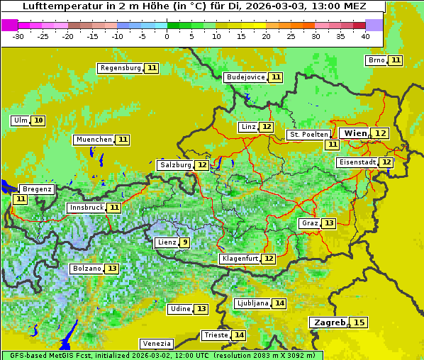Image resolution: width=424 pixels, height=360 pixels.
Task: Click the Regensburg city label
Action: tap(121, 68)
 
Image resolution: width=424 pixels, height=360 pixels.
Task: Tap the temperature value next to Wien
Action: tap(381, 133)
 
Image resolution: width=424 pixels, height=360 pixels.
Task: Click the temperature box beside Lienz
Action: tap(185, 242)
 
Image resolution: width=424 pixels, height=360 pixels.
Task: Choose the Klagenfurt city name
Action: tap(240, 259)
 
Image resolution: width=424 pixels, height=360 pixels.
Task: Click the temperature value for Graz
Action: tap(328, 223)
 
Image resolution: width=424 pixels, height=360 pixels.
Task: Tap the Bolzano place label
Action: tap(87, 269)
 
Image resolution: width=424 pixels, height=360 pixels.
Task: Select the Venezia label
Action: tap(156, 343)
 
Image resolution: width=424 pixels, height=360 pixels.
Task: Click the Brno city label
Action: tap(376, 60)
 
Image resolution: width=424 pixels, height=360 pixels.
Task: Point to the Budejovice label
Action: tap(245, 77)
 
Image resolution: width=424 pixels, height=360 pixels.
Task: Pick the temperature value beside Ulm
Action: tap(38, 120)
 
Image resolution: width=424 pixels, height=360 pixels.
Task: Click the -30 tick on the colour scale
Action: tap(18, 35)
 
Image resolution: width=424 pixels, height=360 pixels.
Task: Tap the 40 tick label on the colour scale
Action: tap(365, 35)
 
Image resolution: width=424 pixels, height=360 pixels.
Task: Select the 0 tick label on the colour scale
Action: tap(167, 35)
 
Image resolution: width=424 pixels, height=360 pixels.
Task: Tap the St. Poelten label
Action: tap(308, 135)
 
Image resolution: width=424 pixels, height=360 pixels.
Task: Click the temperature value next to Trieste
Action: tap(240, 335)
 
